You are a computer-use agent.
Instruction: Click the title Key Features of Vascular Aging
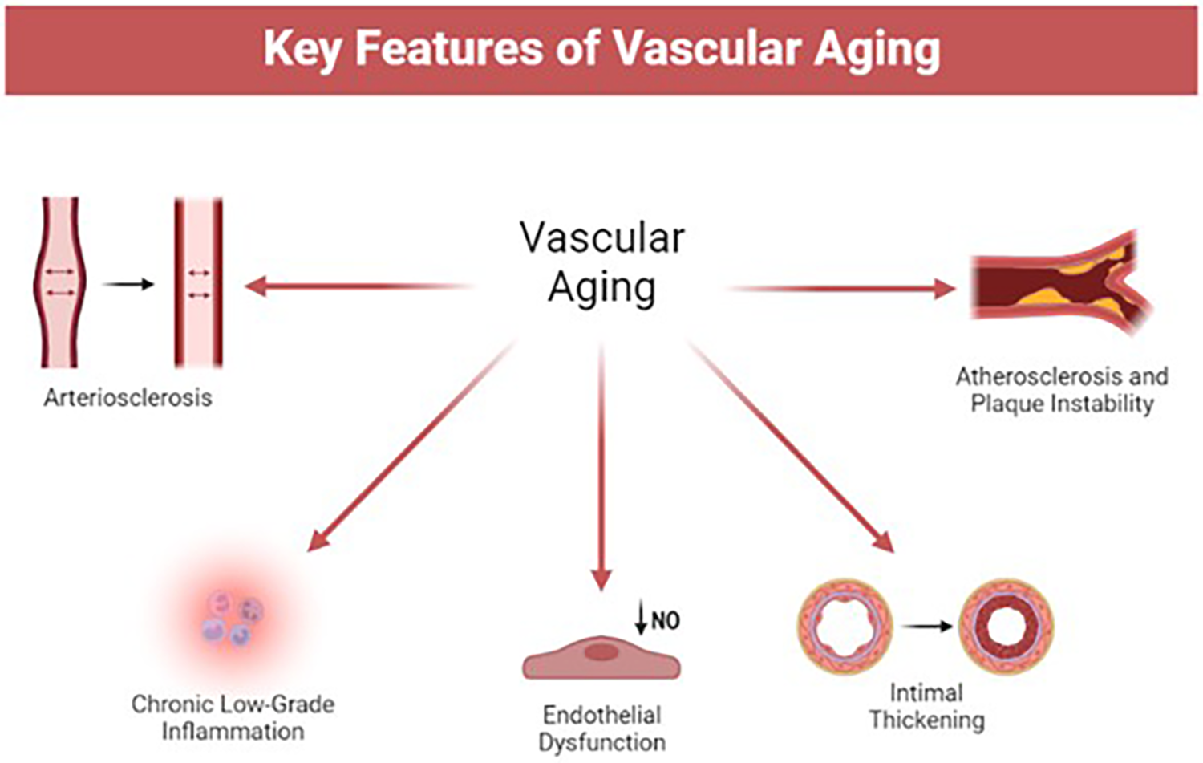pos(601,50)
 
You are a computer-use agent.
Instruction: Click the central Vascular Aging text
pos(601,262)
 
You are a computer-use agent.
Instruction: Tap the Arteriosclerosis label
pos(128,397)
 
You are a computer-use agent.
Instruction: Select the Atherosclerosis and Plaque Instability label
pos(1061,390)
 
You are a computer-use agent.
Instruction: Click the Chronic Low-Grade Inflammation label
pos(233,717)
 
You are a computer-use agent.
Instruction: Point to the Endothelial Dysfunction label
pos(601,729)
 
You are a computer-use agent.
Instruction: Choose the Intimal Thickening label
pos(926,706)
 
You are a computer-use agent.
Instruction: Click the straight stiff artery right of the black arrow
pos(198,283)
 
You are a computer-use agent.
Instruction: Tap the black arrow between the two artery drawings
pos(128,284)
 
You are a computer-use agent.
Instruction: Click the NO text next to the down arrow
pos(666,620)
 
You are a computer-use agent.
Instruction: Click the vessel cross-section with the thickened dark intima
pos(1007,626)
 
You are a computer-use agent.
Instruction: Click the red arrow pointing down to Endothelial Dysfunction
pos(601,465)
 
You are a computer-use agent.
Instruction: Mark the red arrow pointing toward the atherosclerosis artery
pos(842,289)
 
